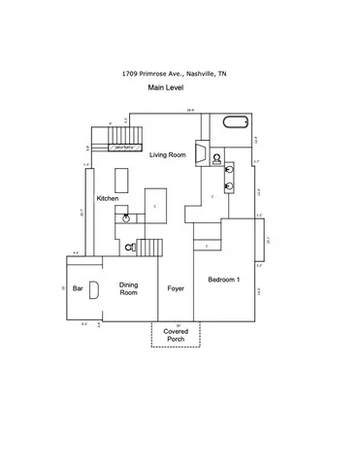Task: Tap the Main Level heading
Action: [166, 87]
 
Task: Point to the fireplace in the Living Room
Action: [199, 154]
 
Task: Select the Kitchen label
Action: [108, 199]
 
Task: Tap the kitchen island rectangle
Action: [121, 181]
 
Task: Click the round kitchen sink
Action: [126, 219]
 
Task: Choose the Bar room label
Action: [77, 287]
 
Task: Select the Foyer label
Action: [176, 288]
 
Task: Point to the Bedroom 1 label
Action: [224, 280]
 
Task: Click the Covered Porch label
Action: [176, 334]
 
